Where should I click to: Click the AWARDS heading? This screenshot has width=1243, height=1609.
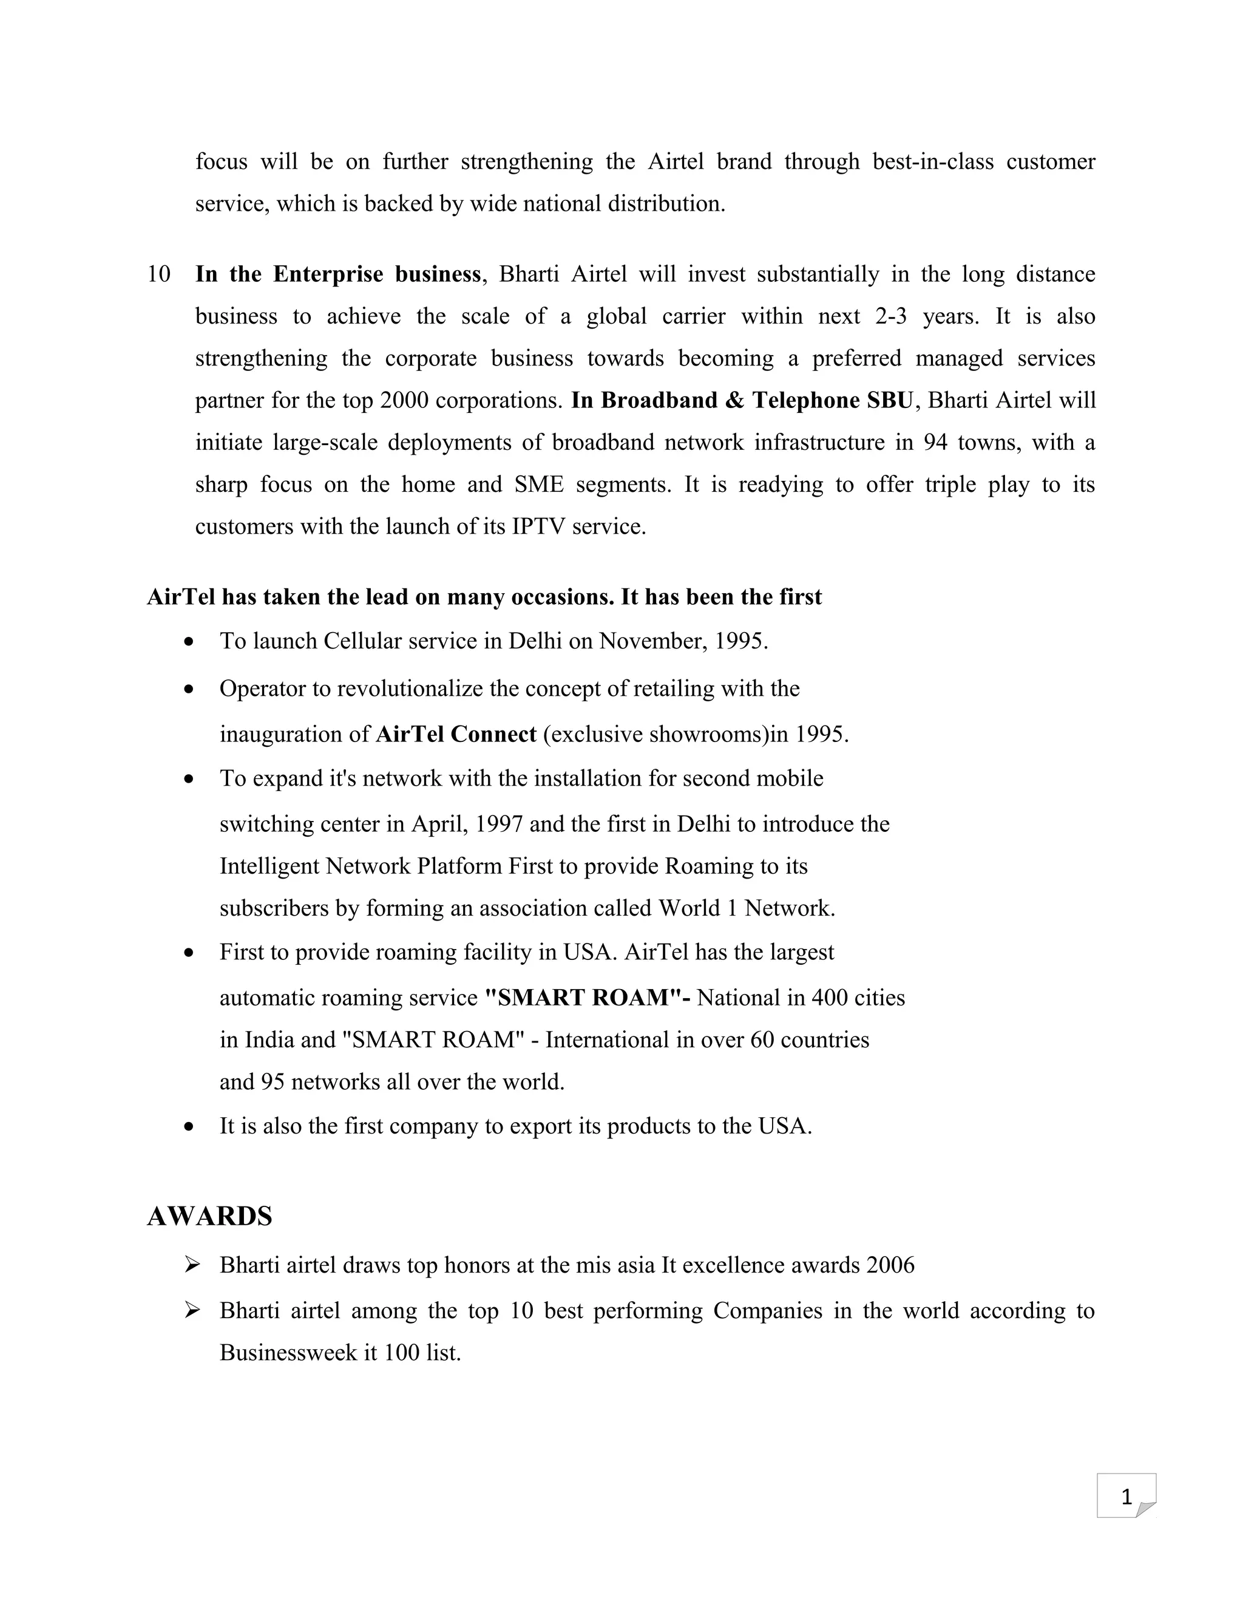point(209,1216)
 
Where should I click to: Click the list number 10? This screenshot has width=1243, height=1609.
point(159,274)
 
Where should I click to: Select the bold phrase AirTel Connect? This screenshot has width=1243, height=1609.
point(456,735)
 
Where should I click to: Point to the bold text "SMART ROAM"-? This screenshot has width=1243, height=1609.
point(587,998)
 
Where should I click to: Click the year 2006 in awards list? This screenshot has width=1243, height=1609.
point(890,1265)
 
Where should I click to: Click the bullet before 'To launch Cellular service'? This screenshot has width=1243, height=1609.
point(190,642)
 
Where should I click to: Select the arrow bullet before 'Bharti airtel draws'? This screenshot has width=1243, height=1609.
point(192,1265)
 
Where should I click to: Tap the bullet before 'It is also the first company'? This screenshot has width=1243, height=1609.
point(190,1127)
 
